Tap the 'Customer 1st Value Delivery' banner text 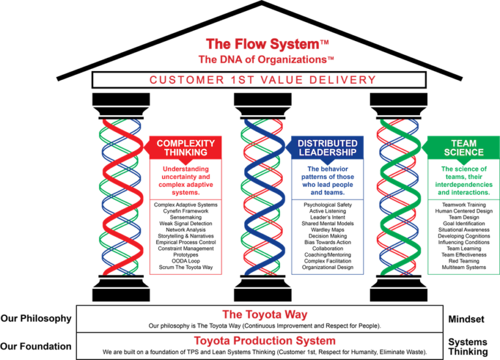coord(263,79)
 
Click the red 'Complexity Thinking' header coord(186,148)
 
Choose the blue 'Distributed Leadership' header coord(327,148)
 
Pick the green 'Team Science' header coord(464,148)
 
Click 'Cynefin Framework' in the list coord(186,211)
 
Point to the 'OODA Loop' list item coord(186,261)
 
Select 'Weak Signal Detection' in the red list coord(186,223)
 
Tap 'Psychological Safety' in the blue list coord(327,204)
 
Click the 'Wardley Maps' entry coord(327,230)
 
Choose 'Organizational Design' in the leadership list coord(327,267)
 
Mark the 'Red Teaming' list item coord(464,261)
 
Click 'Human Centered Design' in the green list coord(464,211)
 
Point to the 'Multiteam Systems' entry coord(464,267)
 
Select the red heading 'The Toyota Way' coord(265,314)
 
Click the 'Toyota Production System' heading coord(265,340)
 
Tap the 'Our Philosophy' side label coord(36,318)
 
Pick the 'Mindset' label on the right coord(466,319)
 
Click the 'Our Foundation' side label coord(36,346)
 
